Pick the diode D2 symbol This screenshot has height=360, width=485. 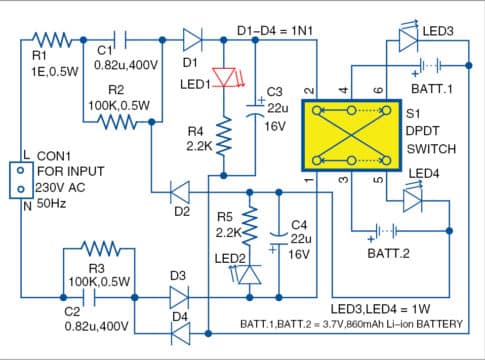tap(181, 190)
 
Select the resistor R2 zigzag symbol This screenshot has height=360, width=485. tap(121, 121)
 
